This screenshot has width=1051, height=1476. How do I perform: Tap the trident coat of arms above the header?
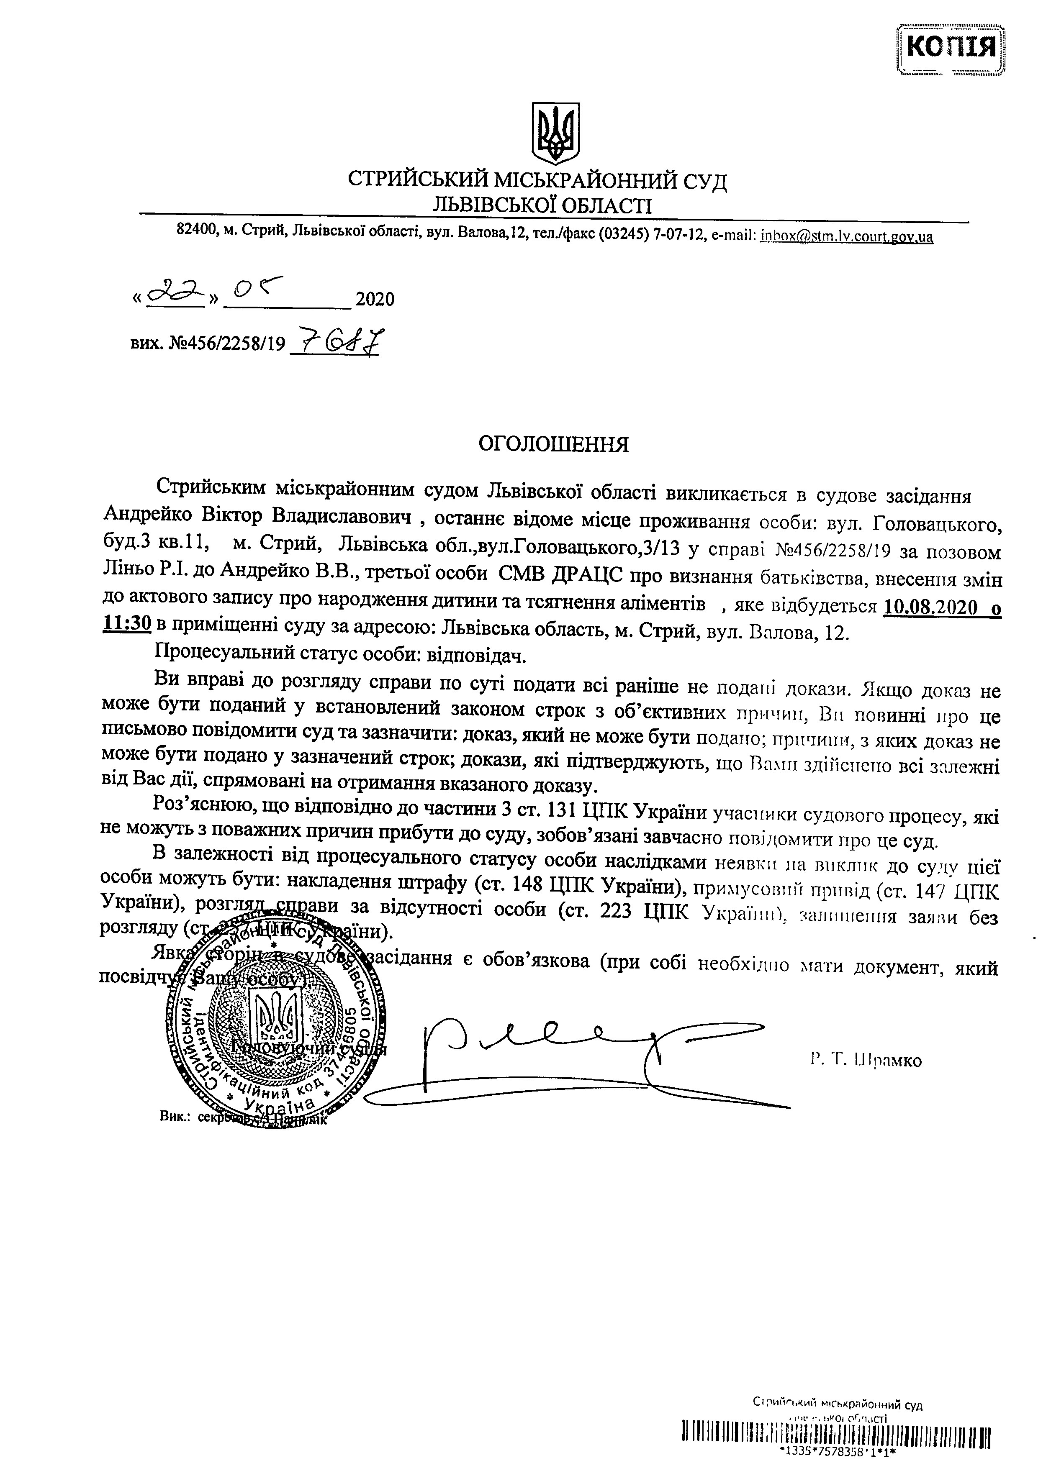[x=556, y=132]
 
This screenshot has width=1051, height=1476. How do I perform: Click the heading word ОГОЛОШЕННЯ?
[x=553, y=445]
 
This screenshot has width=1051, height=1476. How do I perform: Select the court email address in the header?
[x=847, y=236]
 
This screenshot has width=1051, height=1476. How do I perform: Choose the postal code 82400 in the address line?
[x=196, y=231]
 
